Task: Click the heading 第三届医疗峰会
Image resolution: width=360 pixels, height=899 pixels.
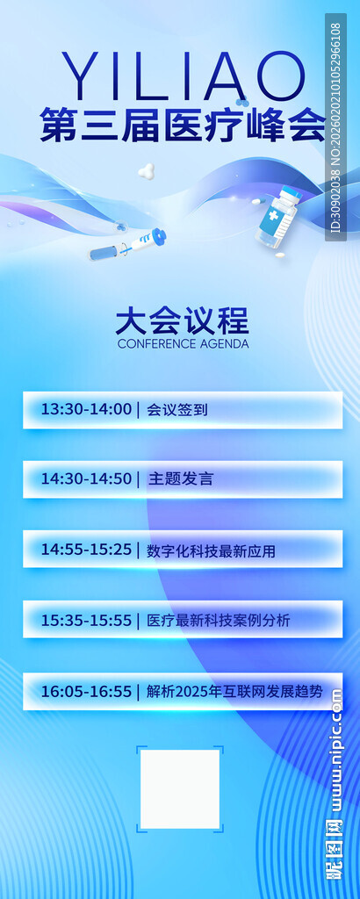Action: [x=183, y=126]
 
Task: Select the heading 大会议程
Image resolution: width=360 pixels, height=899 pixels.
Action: [x=183, y=320]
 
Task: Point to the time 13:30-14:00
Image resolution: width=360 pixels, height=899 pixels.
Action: [x=86, y=409]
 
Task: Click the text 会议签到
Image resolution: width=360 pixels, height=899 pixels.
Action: [x=177, y=409]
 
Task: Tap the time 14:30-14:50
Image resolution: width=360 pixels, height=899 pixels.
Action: [x=86, y=479]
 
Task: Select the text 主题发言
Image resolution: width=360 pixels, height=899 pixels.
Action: [x=181, y=479]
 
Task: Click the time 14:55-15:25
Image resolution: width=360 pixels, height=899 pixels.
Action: [x=86, y=550]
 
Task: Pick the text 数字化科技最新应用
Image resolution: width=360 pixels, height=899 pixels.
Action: [x=212, y=551]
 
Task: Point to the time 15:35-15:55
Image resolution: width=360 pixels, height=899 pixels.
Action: [x=86, y=621]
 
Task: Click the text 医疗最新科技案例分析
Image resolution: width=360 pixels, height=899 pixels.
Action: [x=219, y=621]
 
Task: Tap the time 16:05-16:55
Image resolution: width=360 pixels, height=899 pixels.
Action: [x=86, y=692]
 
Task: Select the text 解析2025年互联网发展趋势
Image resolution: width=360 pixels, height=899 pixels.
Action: [x=234, y=692]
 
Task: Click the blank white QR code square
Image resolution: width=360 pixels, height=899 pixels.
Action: [x=180, y=788]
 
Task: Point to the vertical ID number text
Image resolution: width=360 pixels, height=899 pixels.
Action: [x=335, y=127]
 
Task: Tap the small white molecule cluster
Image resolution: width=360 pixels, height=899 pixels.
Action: [x=147, y=171]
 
